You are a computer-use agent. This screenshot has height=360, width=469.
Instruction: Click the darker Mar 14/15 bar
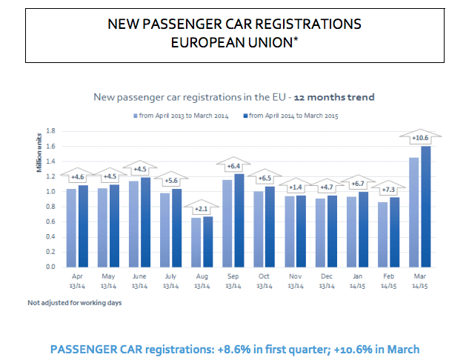[x=426, y=206]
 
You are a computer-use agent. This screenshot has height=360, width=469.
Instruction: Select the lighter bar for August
[x=196, y=241]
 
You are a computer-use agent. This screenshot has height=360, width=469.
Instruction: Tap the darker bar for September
[x=238, y=220]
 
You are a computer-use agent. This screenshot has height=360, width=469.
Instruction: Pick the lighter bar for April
[x=71, y=227]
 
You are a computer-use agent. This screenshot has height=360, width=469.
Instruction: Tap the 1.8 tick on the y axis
[x=50, y=131]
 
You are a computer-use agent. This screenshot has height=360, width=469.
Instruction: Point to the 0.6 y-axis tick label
[x=50, y=221]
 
